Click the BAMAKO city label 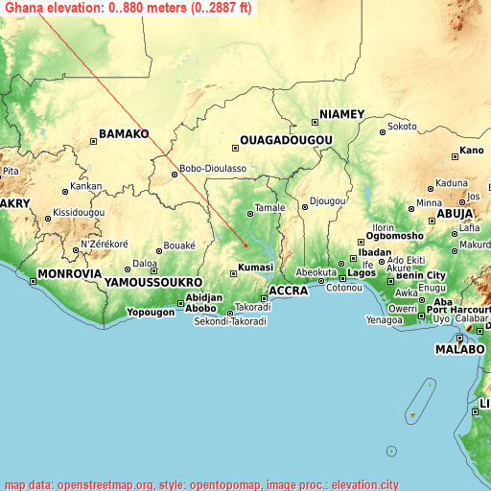125,134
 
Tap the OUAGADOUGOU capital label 286,140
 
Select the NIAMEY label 341,114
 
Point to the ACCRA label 288,291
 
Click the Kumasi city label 256,268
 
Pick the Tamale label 270,207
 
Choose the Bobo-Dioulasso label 213,168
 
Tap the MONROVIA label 69,274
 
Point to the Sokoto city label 402,126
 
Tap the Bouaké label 178,245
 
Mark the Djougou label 327,201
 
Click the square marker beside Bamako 94,142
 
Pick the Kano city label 472,151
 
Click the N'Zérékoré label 104,244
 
